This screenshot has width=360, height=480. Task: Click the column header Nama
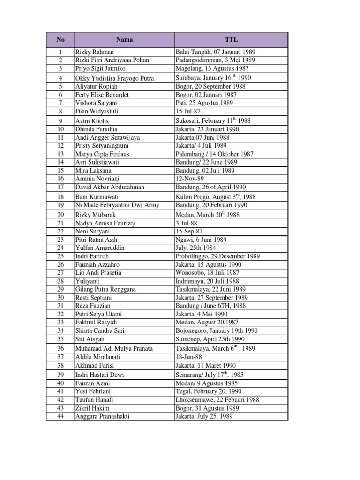click(x=124, y=40)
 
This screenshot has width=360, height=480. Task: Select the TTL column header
click(x=231, y=40)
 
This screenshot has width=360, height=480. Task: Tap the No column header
click(x=60, y=40)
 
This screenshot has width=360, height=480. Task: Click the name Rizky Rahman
click(x=95, y=52)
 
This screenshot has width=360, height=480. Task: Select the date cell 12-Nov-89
click(x=188, y=179)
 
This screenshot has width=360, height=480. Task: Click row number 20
click(x=60, y=215)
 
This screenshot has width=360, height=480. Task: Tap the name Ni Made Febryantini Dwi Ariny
click(x=117, y=205)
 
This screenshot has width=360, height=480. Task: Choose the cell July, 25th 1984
click(x=196, y=247)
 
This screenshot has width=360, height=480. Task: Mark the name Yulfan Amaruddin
click(x=100, y=247)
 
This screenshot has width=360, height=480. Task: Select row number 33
click(x=60, y=322)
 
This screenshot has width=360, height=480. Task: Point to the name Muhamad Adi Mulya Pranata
click(x=114, y=349)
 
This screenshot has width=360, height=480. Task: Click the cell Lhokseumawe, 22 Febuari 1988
click(x=217, y=400)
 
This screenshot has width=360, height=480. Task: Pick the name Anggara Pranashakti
click(x=102, y=416)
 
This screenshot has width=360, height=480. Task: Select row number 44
click(x=60, y=416)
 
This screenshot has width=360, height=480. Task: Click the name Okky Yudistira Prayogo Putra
click(x=114, y=78)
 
